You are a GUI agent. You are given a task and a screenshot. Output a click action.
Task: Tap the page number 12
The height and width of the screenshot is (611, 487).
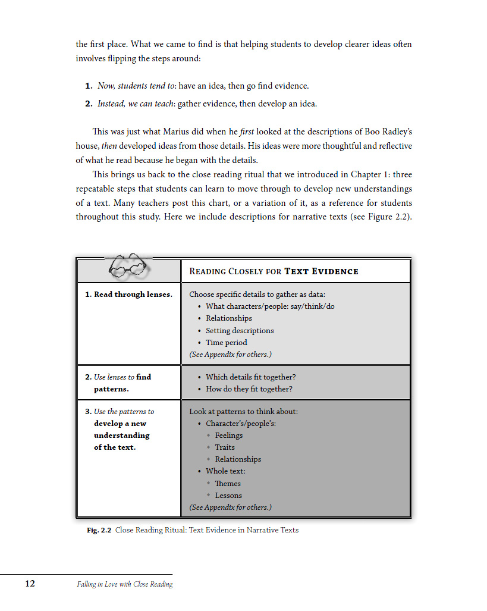30,584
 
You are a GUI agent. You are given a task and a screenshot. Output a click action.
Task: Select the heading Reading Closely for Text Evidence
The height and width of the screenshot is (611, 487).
274,271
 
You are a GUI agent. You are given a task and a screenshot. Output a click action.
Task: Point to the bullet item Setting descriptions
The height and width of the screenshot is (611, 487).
240,330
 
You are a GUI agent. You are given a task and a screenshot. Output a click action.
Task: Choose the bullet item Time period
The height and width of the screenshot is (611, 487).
226,342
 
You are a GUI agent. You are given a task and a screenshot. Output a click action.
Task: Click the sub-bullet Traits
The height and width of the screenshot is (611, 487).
225,447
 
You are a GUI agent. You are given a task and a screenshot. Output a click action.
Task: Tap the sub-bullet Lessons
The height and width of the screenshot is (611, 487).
228,495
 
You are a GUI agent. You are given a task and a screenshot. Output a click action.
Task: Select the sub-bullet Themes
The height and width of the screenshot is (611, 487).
228,483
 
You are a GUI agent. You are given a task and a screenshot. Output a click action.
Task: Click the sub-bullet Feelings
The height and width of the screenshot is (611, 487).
228,435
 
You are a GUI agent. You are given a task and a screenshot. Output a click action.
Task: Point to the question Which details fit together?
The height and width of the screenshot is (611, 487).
250,377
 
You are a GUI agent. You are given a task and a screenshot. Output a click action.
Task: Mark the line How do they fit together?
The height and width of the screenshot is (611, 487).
249,388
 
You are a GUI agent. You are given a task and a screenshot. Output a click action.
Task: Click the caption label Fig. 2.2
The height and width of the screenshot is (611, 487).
99,529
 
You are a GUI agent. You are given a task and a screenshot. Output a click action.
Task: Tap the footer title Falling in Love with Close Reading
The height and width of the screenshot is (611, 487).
124,584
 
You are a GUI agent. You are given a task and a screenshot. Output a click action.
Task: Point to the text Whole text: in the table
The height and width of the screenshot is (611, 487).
225,471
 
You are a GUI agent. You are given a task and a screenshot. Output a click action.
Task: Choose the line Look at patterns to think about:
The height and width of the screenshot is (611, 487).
243,411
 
